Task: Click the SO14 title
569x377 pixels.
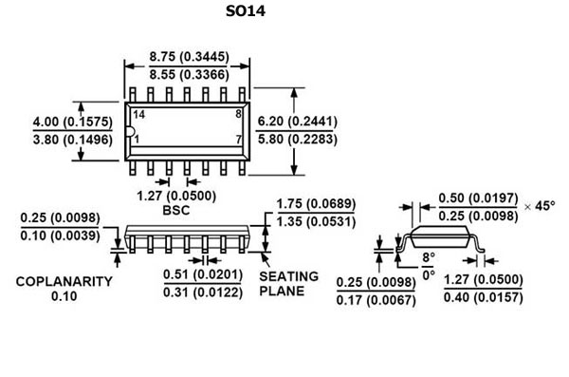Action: click(246, 10)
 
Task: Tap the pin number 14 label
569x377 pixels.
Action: click(138, 115)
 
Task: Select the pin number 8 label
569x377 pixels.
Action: click(238, 114)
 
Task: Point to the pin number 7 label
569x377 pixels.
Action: click(238, 140)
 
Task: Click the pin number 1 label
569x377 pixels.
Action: click(137, 140)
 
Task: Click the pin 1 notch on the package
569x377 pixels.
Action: click(131, 132)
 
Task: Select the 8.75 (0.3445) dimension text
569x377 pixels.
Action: click(189, 57)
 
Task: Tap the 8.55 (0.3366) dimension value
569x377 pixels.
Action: click(189, 75)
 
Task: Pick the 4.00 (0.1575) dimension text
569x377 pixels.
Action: click(73, 122)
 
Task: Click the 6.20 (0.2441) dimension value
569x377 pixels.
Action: click(297, 121)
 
